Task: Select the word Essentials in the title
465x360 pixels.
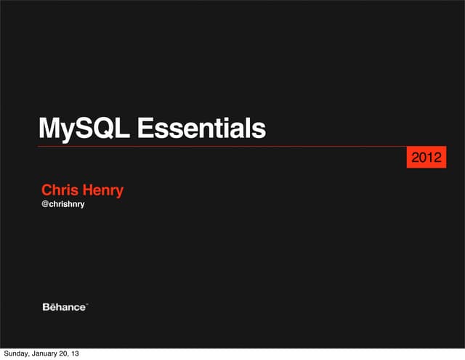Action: pos(201,129)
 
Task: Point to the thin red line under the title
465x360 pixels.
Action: pos(218,147)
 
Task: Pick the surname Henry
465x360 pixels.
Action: pos(102,191)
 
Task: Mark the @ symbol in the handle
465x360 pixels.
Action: pos(44,206)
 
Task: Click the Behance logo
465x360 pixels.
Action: pos(65,307)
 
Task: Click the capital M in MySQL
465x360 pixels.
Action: pos(48,129)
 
